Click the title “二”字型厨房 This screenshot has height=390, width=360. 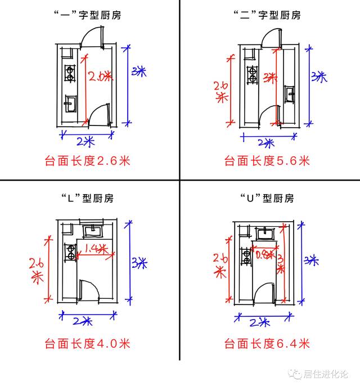pyautogui.click(x=267, y=15)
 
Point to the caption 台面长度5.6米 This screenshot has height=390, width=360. pyautogui.click(x=267, y=161)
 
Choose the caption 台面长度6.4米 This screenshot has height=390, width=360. pyautogui.click(x=267, y=343)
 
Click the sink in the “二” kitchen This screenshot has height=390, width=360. pyautogui.click(x=290, y=93)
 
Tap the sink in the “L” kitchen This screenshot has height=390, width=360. pyautogui.click(x=91, y=230)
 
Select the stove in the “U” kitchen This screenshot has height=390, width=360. pyautogui.click(x=246, y=257)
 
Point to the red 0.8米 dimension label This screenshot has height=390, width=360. pyautogui.click(x=264, y=253)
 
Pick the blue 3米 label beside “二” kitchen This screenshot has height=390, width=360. pyautogui.click(x=319, y=77)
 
